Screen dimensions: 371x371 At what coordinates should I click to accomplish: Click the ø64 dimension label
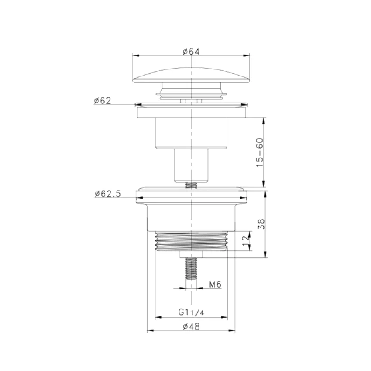pos(191,51)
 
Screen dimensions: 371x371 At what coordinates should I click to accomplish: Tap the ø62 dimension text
pos(102,101)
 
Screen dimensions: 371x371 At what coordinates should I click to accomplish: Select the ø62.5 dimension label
pos(108,194)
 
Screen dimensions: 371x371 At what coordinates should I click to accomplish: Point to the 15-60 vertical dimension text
pos(260,152)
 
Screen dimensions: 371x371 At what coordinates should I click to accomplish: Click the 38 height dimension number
pos(261,224)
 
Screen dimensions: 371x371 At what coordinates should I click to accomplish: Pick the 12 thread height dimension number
pos(246,240)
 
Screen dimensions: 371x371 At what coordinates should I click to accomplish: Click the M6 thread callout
pos(215,284)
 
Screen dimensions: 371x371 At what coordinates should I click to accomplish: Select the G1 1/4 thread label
pos(191,312)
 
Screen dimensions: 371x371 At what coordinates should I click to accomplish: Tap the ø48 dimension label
pos(191,327)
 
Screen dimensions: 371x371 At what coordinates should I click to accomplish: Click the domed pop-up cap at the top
pos(191,76)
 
